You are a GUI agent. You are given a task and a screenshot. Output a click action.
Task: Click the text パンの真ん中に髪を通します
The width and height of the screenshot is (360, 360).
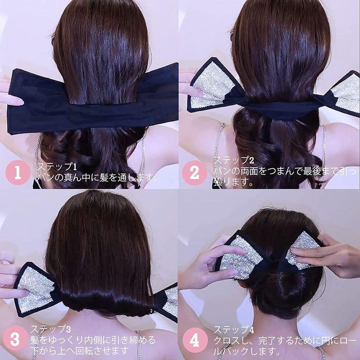[97, 179]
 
